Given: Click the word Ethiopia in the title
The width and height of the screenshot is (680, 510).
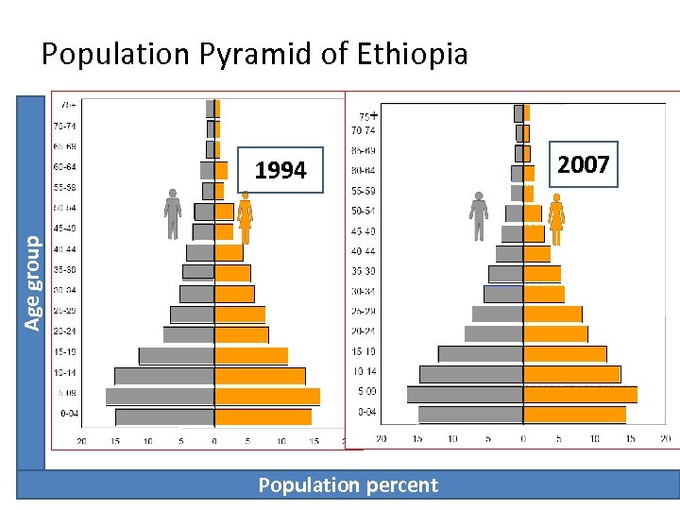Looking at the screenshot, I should (x=414, y=54).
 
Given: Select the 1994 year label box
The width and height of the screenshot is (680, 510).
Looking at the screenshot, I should (x=280, y=170).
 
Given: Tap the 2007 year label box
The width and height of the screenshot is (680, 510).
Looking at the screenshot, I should (x=583, y=165).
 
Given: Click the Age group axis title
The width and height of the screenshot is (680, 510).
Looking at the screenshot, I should (x=31, y=282).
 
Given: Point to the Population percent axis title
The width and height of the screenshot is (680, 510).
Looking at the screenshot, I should (x=348, y=485).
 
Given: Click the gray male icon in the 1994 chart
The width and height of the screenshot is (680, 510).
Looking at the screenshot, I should (x=173, y=213).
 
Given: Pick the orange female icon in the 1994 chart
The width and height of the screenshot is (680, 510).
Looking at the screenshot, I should (x=245, y=216).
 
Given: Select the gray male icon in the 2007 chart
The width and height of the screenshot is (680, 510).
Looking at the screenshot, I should (x=479, y=216).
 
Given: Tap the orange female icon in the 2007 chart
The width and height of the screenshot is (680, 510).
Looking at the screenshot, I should (x=555, y=216).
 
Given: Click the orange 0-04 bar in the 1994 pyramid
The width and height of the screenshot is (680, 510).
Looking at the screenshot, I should (x=263, y=416).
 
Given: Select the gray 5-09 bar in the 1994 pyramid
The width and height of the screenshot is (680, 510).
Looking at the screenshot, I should (x=160, y=397).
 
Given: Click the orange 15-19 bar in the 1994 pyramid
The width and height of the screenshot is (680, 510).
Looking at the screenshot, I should (x=250, y=356).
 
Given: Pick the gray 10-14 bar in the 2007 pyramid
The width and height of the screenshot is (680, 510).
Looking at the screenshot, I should (x=471, y=374).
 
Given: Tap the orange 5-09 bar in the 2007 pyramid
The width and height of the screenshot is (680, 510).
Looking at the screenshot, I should (x=580, y=395).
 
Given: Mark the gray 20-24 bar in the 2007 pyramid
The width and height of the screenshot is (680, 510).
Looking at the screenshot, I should (x=493, y=333).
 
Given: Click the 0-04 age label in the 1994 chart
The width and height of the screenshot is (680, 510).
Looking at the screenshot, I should (x=70, y=414).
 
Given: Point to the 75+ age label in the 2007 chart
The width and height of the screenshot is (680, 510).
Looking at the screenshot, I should (x=365, y=114).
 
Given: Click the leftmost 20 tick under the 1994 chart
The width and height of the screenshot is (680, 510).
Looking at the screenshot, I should (x=82, y=441).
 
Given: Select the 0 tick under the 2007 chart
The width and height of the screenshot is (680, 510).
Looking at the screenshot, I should (x=523, y=438).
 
